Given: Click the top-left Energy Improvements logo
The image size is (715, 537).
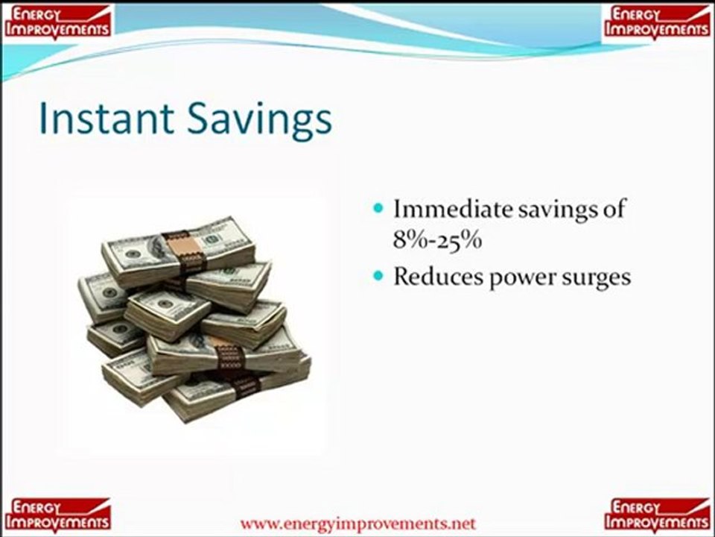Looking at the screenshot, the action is pyautogui.click(x=57, y=22).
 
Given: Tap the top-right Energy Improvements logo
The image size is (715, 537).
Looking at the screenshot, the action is pyautogui.click(x=657, y=22).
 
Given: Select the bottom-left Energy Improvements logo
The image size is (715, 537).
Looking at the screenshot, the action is pyautogui.click(x=57, y=515).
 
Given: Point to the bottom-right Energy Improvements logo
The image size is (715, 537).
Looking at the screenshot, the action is pyautogui.click(x=657, y=515).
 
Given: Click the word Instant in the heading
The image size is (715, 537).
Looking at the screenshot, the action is pyautogui.click(x=107, y=119).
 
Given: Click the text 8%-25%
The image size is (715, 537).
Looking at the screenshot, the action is pyautogui.click(x=437, y=239).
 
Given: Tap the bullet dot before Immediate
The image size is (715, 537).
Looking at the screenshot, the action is pyautogui.click(x=378, y=209).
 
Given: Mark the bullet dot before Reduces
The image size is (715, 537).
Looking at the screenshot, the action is pyautogui.click(x=378, y=276).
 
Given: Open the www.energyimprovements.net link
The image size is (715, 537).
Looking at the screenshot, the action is pyautogui.click(x=358, y=524).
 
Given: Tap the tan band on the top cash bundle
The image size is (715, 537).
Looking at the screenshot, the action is pyautogui.click(x=185, y=251).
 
